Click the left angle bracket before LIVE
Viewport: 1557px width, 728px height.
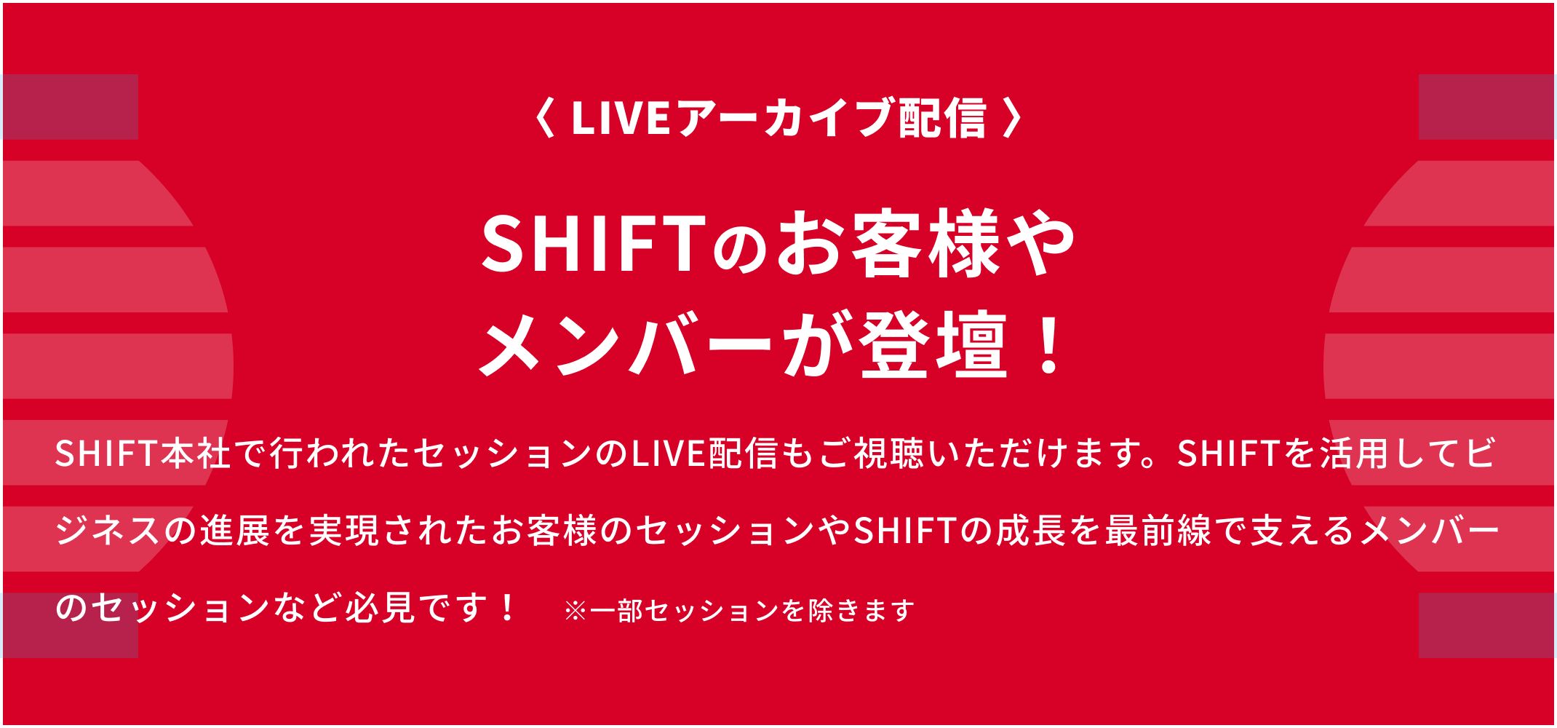coord(545,118)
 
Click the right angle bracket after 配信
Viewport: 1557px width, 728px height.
coord(1012,118)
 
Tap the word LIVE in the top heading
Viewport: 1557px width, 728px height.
coord(621,118)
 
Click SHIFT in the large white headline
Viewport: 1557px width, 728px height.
coord(592,244)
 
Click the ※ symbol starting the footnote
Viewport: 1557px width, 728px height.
coord(576,611)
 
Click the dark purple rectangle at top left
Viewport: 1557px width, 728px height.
coord(70,106)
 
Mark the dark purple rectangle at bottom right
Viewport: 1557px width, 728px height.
coord(1487,625)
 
